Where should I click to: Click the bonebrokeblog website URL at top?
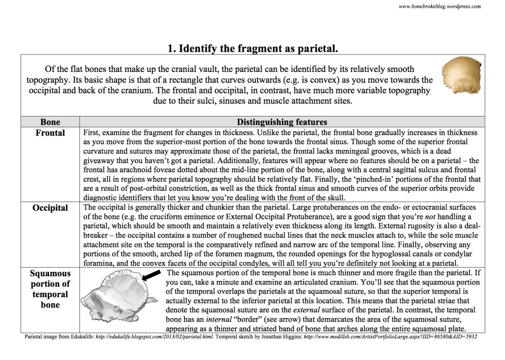click(439, 6)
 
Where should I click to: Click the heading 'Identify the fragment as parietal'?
click(253, 49)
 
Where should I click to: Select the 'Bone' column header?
click(50, 122)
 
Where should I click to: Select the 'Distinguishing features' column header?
click(282, 122)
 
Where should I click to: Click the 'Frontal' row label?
click(50, 132)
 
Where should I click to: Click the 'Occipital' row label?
click(50, 208)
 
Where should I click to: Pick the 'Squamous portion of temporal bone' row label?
click(50, 289)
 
